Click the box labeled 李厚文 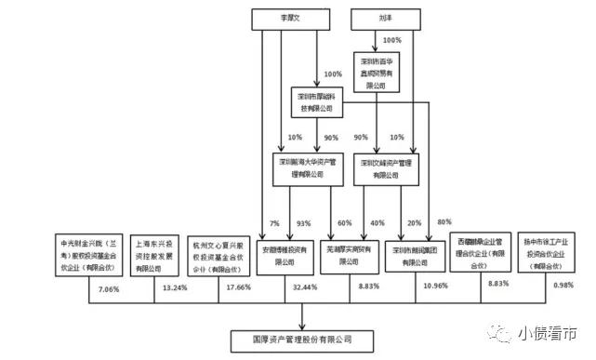288,17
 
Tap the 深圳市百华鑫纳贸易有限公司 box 384,70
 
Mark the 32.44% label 303,288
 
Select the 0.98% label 562,286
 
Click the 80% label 444,220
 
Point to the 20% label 413,223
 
